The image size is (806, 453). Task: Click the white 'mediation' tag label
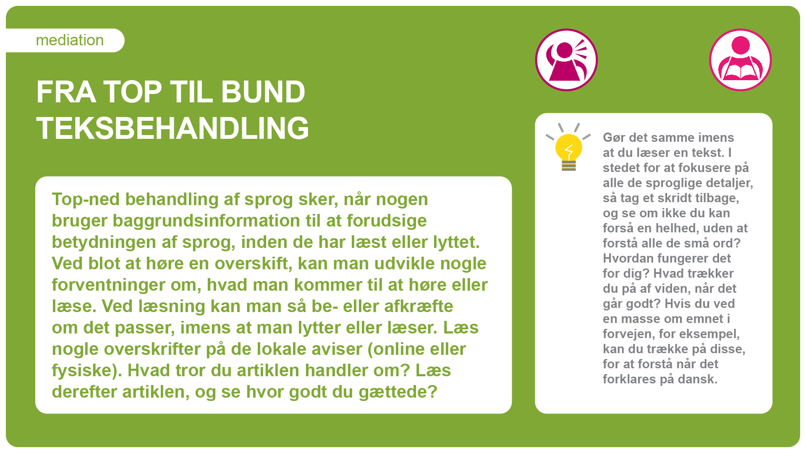(x=65, y=40)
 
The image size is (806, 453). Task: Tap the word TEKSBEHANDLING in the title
(x=173, y=128)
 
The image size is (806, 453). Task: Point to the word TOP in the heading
(x=133, y=92)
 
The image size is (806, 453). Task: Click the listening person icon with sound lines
(x=566, y=60)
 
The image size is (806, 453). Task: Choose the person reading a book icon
(x=741, y=60)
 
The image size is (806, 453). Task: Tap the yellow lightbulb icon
(x=568, y=147)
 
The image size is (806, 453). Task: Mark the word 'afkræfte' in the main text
(x=419, y=306)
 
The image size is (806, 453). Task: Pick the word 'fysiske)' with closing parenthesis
(x=86, y=371)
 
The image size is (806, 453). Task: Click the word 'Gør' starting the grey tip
(x=614, y=138)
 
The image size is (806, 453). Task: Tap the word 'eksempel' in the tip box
(x=709, y=334)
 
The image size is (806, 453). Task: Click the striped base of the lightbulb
(x=569, y=166)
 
